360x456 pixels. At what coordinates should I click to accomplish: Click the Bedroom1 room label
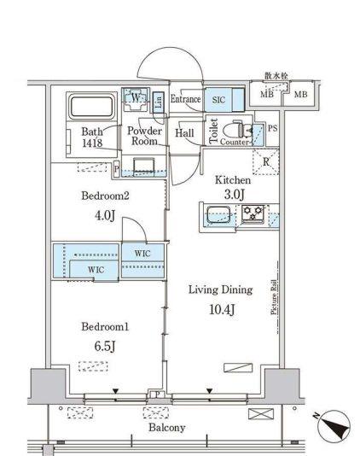105,326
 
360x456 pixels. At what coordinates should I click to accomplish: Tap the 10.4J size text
222,310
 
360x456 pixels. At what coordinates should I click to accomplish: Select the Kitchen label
233,180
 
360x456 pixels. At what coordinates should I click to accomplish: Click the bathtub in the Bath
92,107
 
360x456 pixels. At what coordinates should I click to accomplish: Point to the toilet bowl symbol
237,129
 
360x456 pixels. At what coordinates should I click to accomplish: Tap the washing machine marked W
135,99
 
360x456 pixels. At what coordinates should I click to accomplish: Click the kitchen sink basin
218,214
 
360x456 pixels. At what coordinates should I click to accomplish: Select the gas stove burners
253,213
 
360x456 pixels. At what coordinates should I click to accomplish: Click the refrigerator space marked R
266,161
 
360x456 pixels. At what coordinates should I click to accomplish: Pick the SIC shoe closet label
218,100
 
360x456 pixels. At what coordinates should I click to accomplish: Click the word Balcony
167,428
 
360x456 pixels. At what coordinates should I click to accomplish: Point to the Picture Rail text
274,297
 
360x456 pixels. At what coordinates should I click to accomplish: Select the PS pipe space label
272,128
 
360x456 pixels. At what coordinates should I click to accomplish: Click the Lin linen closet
159,102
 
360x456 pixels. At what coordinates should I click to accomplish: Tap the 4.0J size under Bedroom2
105,215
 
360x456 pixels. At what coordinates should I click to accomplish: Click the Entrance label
185,99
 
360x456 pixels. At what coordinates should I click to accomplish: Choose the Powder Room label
144,136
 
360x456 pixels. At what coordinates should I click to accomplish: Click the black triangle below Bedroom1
116,391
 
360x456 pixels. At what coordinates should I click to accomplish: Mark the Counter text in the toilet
235,142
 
